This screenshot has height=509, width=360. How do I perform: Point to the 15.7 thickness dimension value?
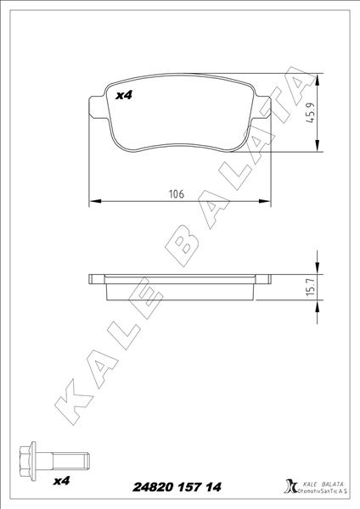point(310,289)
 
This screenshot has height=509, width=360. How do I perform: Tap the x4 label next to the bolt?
point(60,481)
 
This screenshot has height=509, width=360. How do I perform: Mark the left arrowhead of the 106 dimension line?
point(94,202)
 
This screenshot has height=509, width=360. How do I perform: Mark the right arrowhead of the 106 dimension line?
point(267,202)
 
